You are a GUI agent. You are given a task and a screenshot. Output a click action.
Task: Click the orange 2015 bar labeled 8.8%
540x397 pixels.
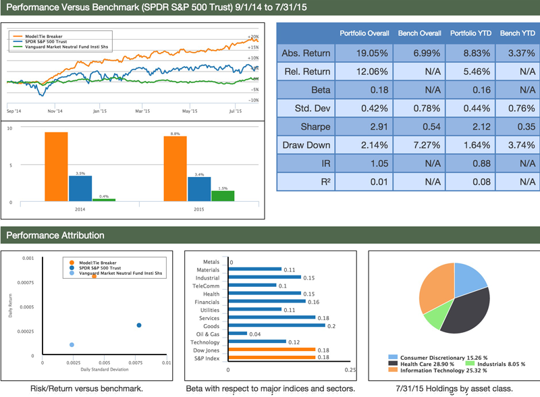click(x=175, y=169)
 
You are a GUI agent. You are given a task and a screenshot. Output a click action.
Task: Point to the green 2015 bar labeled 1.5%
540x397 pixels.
click(x=223, y=196)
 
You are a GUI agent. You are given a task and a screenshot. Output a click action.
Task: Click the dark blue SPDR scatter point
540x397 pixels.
click(x=139, y=325)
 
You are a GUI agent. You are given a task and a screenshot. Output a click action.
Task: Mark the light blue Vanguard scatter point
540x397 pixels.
click(x=72, y=345)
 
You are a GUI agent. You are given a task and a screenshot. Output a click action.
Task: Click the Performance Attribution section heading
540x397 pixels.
click(x=55, y=236)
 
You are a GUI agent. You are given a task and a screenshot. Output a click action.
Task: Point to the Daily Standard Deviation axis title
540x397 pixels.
click(x=105, y=370)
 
